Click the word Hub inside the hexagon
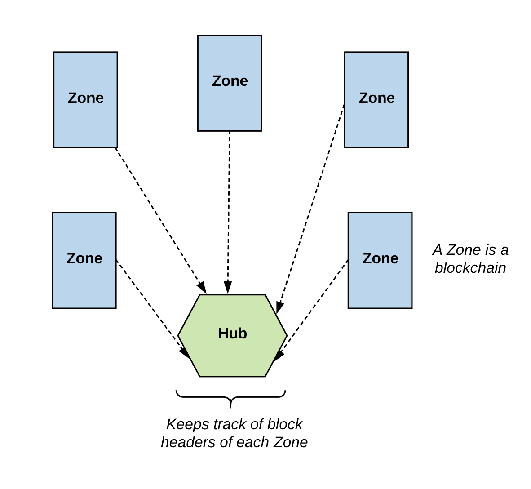pyautogui.click(x=232, y=333)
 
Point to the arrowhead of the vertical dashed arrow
pyautogui.click(x=228, y=288)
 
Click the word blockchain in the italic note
pyautogui.click(x=470, y=268)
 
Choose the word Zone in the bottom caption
pyautogui.click(x=290, y=442)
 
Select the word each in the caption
pyautogui.click(x=253, y=442)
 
